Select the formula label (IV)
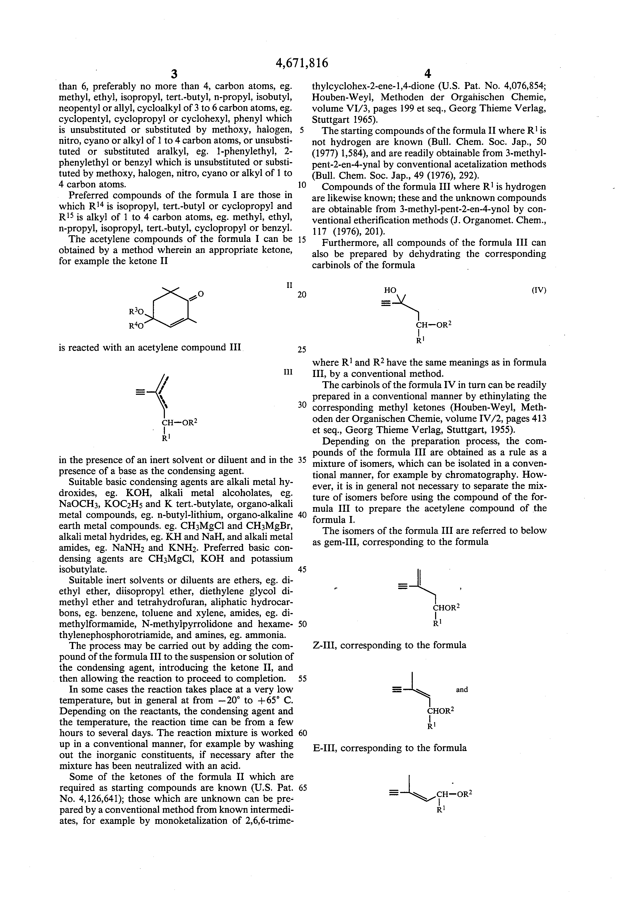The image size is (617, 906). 539,290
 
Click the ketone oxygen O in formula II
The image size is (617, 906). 201,293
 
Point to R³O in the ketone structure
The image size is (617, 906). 136,312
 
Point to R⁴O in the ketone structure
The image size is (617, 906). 136,325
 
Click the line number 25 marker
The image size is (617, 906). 302,349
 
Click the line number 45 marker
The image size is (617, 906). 302,569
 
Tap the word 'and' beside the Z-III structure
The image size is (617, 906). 462,690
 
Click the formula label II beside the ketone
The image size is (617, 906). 289,285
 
